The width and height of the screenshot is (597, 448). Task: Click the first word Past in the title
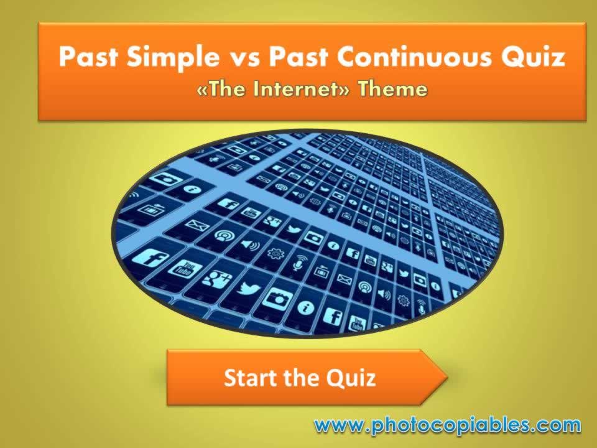[x=88, y=57]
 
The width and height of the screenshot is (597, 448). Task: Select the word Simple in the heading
[x=169, y=57]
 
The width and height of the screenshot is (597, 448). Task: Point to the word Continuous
[x=414, y=57]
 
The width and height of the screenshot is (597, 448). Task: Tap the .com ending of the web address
[x=557, y=426]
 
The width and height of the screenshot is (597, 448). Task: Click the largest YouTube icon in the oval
[x=181, y=269]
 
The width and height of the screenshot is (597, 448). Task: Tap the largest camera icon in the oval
[x=277, y=299]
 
